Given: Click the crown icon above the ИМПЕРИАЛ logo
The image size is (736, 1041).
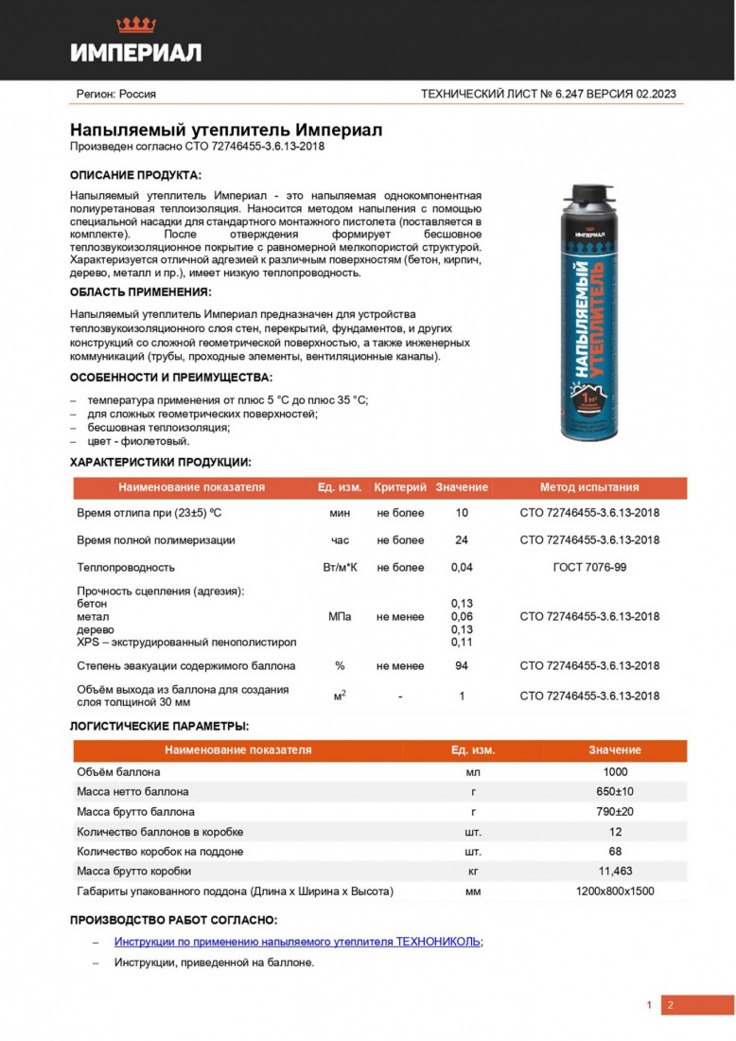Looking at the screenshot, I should [x=136, y=25].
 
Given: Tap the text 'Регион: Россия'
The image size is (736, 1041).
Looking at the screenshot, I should [x=115, y=94].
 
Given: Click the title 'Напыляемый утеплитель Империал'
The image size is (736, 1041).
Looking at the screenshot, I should [x=226, y=131].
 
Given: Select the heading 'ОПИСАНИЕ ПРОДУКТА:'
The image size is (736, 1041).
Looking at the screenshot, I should [x=135, y=176].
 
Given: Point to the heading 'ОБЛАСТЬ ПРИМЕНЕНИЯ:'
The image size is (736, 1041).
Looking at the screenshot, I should [x=140, y=291].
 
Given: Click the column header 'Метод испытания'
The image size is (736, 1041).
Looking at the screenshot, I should [x=589, y=487].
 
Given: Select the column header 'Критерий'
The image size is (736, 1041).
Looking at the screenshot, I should [x=400, y=487].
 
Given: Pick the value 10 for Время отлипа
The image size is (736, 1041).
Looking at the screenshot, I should [x=462, y=513].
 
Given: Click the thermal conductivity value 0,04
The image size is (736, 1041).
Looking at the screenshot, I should [x=462, y=568].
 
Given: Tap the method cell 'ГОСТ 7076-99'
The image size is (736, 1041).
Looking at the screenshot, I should [x=589, y=568].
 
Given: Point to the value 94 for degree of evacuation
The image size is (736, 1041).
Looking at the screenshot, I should [x=462, y=666].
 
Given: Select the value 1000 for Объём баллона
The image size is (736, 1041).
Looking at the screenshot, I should [x=615, y=771].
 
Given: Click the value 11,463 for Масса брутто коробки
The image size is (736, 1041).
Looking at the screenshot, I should [x=615, y=871].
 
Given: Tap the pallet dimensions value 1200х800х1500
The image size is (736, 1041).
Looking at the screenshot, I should [x=615, y=891].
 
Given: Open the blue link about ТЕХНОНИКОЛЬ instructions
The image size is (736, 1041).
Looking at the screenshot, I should [x=297, y=942].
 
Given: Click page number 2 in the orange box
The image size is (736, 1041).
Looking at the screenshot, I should [x=670, y=1005].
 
